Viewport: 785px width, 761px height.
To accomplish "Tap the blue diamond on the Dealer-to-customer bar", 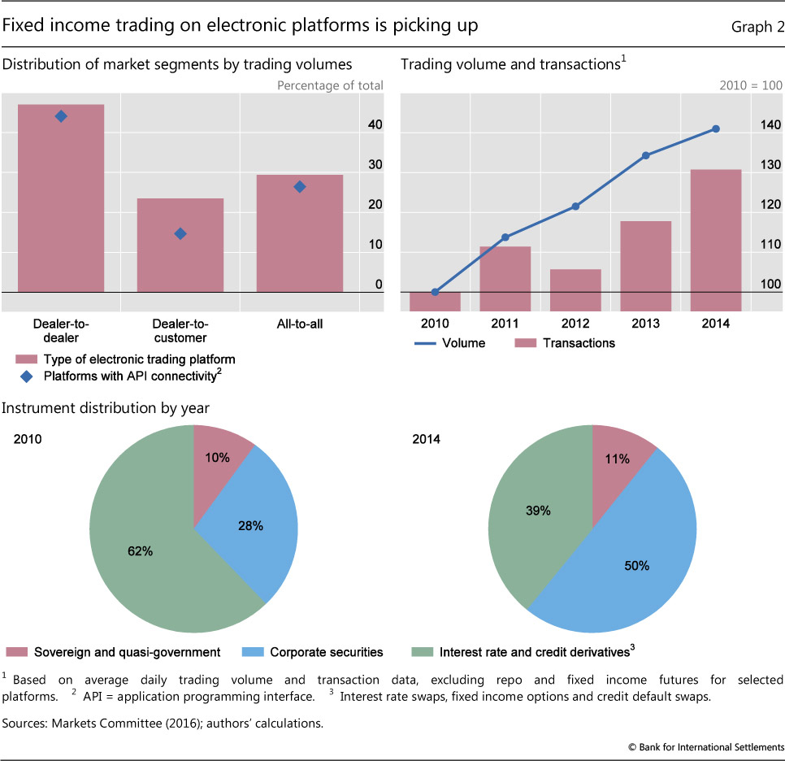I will [x=180, y=233].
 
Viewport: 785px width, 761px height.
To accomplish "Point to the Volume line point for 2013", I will [x=645, y=155].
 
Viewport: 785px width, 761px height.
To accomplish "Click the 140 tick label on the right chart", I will [x=770, y=125].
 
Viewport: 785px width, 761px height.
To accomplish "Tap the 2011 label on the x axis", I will [x=505, y=324].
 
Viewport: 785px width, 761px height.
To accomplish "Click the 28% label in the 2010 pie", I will [x=250, y=526].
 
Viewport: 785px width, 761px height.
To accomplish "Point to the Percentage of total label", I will [x=330, y=85].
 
